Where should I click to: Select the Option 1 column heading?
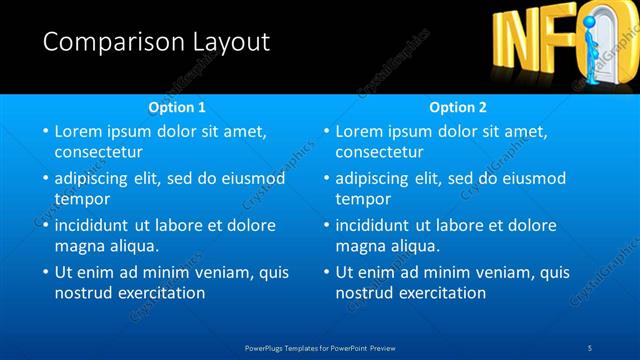pos(177,106)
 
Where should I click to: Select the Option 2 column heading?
pos(458,106)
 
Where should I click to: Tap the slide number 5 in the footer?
pos(590,347)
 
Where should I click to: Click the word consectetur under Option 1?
pos(98,153)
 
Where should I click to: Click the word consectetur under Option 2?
pos(379,153)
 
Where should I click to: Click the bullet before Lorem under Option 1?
pos(44,131)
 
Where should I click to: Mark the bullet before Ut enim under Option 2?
pos(325,272)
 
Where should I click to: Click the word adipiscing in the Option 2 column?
pos(373,178)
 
